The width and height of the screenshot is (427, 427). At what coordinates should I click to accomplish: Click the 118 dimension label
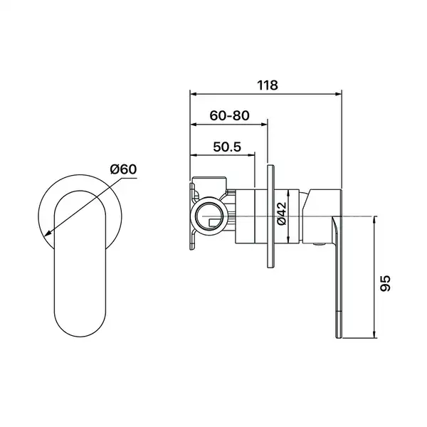coord(268,85)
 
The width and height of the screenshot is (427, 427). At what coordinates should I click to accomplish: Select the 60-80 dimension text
coord(229,116)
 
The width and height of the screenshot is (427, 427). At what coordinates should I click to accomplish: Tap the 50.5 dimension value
coord(227,147)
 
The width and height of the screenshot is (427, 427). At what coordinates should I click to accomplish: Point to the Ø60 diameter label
coord(123,169)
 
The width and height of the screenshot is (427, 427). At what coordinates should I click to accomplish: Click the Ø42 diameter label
coord(282,213)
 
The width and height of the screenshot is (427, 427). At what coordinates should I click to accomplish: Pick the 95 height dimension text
coord(385,283)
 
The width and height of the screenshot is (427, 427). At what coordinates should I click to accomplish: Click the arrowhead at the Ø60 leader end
coord(48,233)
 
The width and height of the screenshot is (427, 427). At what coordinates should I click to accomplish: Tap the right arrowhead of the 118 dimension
coord(339,94)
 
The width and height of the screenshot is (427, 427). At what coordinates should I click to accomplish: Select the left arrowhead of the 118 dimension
coord(193,94)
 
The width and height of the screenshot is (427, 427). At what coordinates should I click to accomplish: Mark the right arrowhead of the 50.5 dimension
coord(252,155)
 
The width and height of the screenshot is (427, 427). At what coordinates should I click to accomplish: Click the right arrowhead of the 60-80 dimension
coord(265,125)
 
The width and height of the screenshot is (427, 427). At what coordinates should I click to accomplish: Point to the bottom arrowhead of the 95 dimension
coord(375,334)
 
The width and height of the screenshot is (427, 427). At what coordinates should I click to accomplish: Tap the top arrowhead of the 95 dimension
coord(375,220)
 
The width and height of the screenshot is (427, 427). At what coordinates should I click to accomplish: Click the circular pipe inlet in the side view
coord(209,213)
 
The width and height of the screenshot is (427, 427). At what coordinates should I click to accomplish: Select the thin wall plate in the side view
coord(270,217)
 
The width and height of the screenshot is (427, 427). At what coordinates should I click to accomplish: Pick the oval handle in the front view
coord(80,263)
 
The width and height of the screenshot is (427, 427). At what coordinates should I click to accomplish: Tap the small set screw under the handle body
coord(319,245)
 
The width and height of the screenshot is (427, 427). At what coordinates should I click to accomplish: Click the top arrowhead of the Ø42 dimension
coord(288,193)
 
